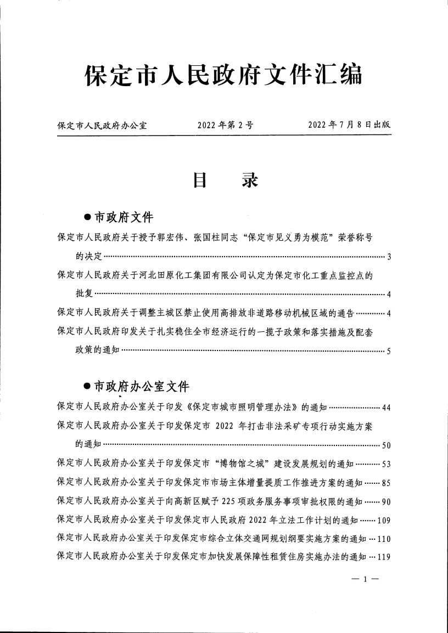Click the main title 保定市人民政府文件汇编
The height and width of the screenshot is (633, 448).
223,76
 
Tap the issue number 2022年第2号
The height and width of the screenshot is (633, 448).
225,125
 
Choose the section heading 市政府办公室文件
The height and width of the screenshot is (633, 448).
142,387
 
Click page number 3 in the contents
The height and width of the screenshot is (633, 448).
388,257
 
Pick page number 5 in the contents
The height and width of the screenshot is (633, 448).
388,352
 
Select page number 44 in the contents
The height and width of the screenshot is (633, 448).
385,408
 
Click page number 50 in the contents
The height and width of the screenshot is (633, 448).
385,445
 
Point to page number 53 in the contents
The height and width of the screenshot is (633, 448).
385,465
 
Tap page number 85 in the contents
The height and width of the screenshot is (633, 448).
385,483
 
